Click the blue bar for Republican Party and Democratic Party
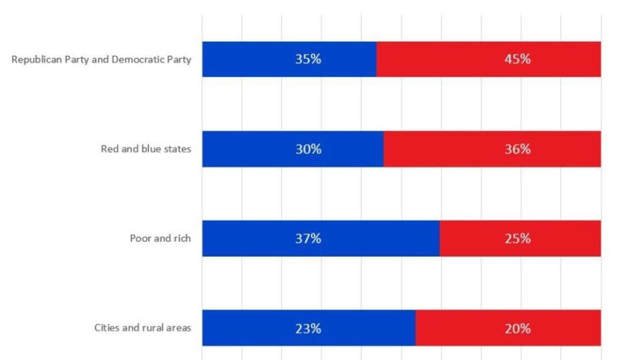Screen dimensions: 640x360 pos(290,59)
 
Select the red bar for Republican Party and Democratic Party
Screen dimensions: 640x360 pos(489,59)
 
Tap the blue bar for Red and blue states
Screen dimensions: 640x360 pos(293,149)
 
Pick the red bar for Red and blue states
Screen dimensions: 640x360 pos(492,149)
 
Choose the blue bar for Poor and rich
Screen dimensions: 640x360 pos(321,238)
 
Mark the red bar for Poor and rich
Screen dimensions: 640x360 pos(521,238)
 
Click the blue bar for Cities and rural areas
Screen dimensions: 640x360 pos(309,327)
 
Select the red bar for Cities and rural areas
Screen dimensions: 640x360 pos(508,327)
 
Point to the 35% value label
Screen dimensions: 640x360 pos(308,59)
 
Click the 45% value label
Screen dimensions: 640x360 pos(518,59)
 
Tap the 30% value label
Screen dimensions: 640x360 pos(308,149)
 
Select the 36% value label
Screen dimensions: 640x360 pos(518,149)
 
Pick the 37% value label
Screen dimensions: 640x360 pos(308,238)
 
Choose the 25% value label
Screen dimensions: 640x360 pos(518,238)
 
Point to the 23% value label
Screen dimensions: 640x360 pos(308,329)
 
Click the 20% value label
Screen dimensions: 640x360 pos(518,329)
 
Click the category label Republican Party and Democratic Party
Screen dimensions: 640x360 pos(101,60)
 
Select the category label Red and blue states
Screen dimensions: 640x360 pos(146,149)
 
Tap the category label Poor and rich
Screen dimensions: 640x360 pos(161,238)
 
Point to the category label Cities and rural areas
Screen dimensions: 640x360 pos(142,327)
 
